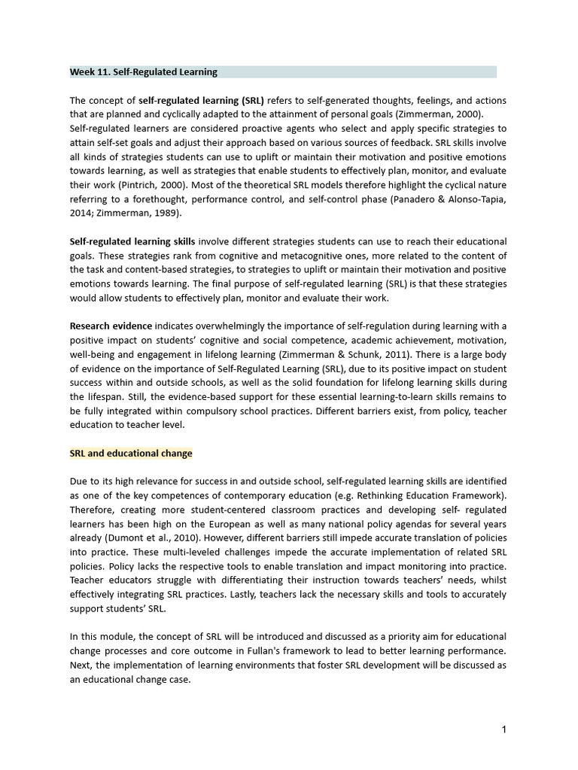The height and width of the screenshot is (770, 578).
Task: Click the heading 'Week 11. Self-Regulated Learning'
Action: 144,72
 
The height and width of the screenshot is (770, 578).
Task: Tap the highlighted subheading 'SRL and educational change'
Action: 131,453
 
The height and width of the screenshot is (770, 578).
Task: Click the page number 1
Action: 503,730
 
